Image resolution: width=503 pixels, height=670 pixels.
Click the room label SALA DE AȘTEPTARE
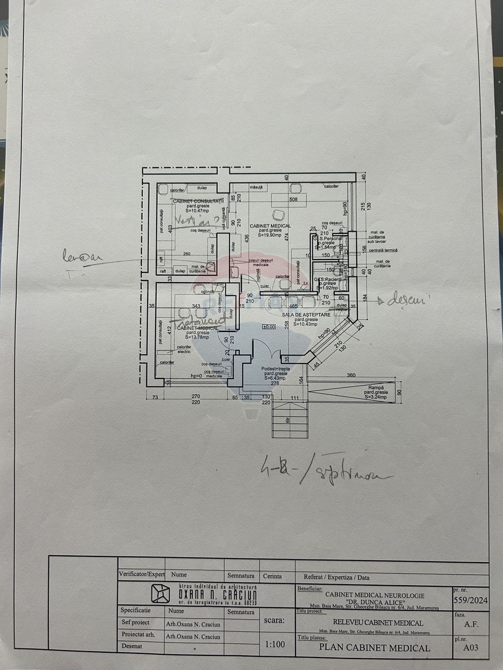(307, 315)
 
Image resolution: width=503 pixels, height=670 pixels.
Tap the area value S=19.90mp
(270, 236)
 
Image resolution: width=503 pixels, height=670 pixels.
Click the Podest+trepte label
(275, 368)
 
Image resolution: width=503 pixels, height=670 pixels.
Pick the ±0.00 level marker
(269, 327)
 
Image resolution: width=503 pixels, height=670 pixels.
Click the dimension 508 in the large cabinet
(293, 199)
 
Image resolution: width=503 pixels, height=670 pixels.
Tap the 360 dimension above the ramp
(352, 375)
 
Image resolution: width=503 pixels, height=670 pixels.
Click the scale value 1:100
(276, 645)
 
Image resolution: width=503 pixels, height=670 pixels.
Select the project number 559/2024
(470, 600)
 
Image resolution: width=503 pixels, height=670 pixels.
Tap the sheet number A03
(471, 647)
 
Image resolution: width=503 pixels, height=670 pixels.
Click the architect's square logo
(160, 593)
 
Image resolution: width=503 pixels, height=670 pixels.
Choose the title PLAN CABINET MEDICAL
(375, 647)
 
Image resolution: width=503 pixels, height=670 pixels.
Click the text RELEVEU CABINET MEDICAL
(374, 623)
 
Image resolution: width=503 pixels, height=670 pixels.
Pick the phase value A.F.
(471, 624)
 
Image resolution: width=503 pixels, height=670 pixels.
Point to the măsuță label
(256, 187)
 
